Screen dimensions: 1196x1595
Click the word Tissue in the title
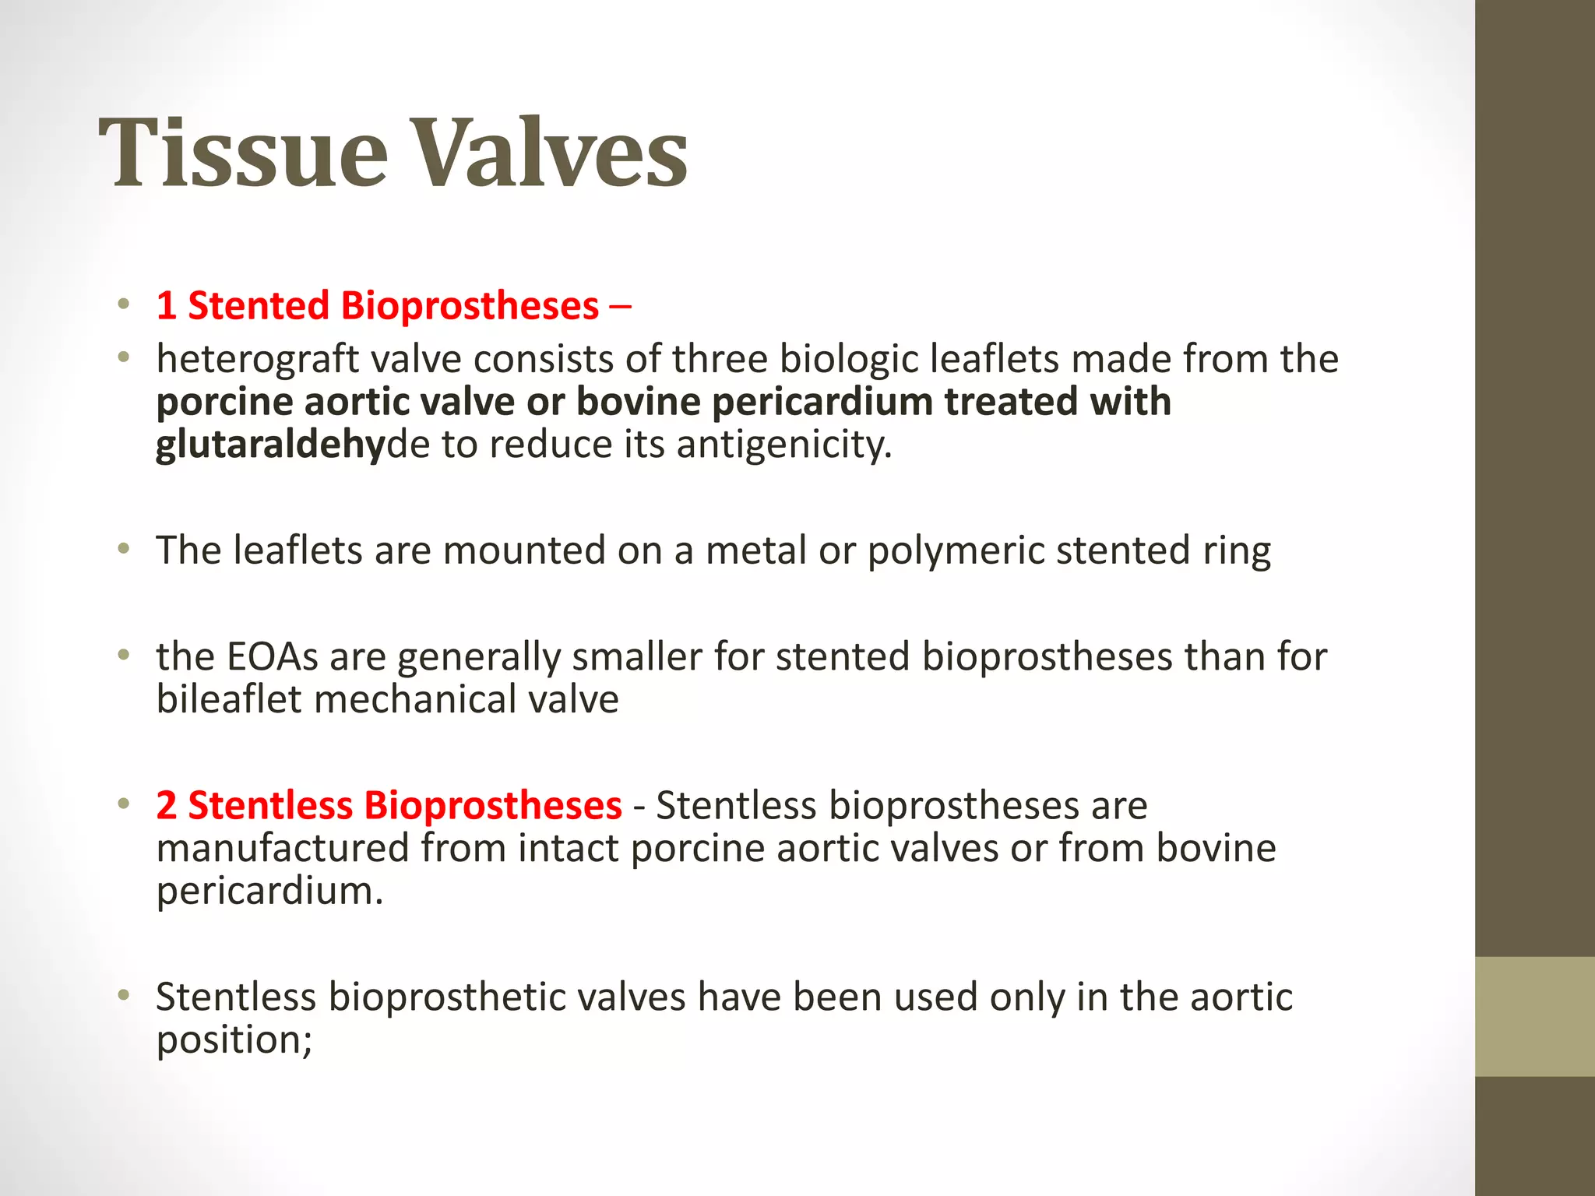coord(242,153)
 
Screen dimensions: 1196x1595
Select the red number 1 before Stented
coord(166,305)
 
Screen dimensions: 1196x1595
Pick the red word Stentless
coord(269,805)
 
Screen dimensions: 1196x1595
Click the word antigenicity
coord(783,445)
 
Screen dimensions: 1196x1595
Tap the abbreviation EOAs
coord(272,656)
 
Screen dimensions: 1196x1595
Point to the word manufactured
coord(282,848)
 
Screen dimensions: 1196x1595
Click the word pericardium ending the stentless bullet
coord(269,891)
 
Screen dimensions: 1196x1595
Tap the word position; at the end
coord(234,1040)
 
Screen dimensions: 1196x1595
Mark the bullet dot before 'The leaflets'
coord(123,550)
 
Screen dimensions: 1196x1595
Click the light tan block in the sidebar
coord(1534,1016)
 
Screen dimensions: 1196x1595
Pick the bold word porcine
coord(224,402)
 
